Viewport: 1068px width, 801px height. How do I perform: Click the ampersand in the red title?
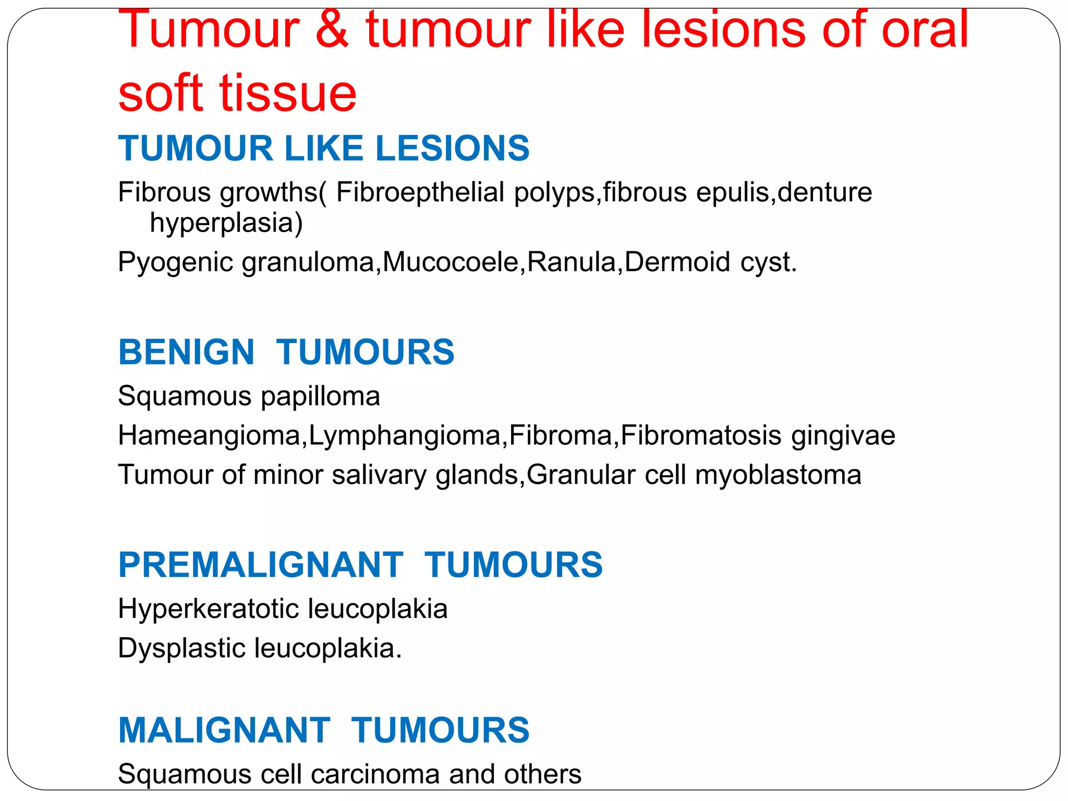coord(332,30)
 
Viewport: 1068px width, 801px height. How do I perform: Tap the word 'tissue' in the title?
coord(288,94)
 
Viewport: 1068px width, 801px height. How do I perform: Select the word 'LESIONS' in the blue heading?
coord(452,149)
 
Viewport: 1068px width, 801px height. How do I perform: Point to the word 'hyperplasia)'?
coord(226,223)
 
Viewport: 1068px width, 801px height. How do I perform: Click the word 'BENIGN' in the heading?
coord(187,353)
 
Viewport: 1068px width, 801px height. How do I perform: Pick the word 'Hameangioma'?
coord(209,435)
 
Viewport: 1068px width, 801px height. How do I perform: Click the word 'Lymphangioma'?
coord(405,436)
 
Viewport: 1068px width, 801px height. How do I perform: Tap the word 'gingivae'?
coord(843,436)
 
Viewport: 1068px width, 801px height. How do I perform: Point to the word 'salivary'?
coord(379,475)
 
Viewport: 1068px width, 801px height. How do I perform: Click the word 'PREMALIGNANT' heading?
coord(261,565)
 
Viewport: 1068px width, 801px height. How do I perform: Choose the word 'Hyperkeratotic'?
coord(208,609)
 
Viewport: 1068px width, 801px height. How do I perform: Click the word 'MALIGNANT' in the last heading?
coord(224,730)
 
